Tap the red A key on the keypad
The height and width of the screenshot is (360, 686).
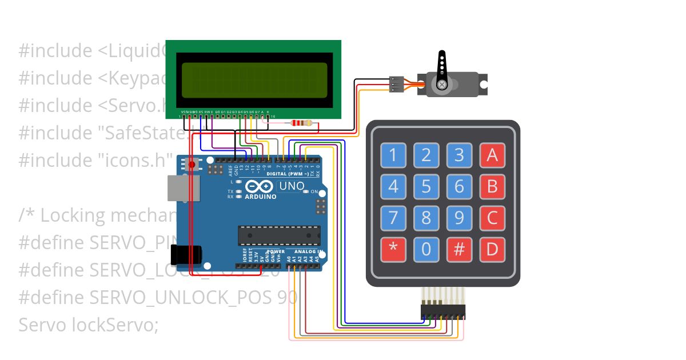click(492, 155)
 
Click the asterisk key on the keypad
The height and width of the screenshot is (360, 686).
click(393, 249)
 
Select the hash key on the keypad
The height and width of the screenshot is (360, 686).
click(459, 249)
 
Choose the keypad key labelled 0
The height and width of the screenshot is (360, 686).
click(426, 249)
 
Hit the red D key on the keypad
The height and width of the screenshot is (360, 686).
click(492, 249)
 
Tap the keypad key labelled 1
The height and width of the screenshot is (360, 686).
click(393, 155)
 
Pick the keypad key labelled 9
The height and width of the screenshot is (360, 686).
click(459, 218)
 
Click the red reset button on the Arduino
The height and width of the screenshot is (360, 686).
click(192, 165)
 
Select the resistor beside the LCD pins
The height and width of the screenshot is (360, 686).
click(301, 123)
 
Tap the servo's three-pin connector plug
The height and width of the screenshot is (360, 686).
click(396, 84)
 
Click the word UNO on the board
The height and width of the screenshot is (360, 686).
click(292, 186)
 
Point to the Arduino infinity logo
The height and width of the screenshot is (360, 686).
click(260, 187)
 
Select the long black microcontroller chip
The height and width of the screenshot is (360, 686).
click(279, 235)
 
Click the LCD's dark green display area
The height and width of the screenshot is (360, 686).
click(254, 80)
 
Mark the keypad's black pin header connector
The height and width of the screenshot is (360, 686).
click(443, 312)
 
